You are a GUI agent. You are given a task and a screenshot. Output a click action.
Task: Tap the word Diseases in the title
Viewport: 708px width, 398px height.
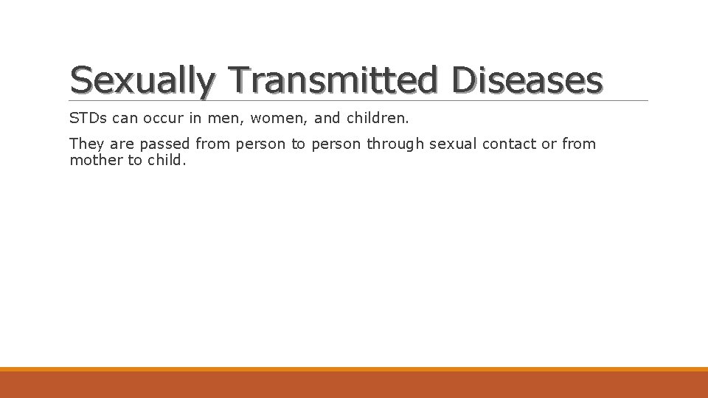[527, 80]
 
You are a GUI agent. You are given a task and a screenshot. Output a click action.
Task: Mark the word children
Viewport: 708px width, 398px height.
[382, 118]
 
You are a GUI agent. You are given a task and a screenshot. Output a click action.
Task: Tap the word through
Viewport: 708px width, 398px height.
[395, 144]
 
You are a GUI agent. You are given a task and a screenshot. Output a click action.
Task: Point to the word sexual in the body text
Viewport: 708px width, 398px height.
[453, 144]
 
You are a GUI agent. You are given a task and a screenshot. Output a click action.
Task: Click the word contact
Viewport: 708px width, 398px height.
[510, 144]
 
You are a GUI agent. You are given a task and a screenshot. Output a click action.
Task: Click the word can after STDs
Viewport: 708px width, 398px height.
[125, 118]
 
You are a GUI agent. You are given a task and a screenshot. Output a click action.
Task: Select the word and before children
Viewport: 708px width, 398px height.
[327, 118]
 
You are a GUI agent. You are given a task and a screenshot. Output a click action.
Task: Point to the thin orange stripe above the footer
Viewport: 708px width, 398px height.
[354, 369]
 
